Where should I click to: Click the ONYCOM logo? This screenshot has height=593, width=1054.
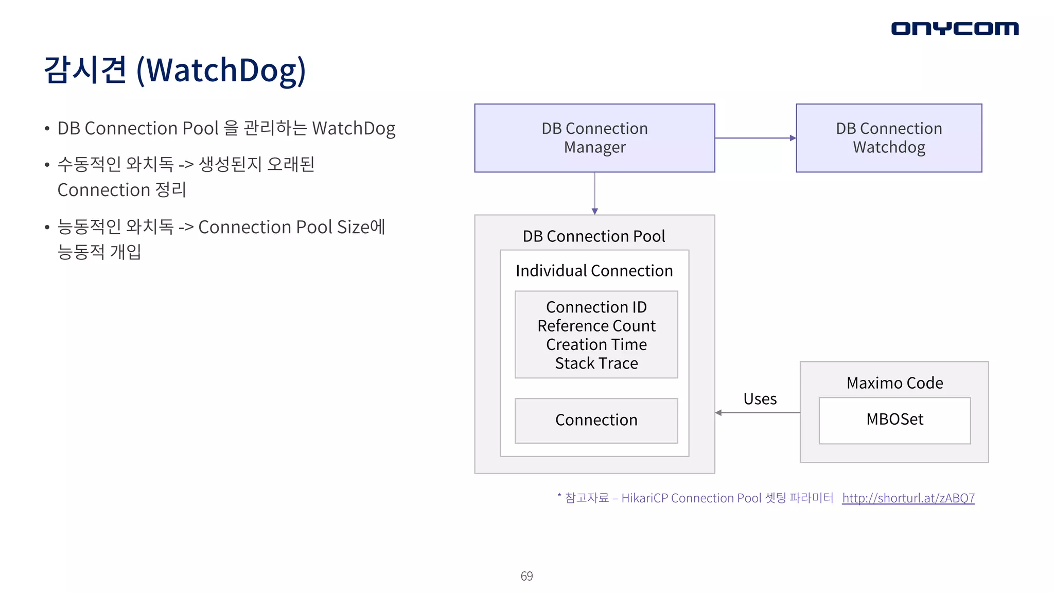pyautogui.click(x=955, y=28)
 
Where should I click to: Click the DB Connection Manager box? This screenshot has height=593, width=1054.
pyautogui.click(x=594, y=138)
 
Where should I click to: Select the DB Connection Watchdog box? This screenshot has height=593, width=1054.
pyautogui.click(x=889, y=138)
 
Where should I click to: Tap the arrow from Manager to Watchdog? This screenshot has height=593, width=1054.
pyautogui.click(x=755, y=138)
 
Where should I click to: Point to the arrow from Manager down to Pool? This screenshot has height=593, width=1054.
pyautogui.click(x=594, y=193)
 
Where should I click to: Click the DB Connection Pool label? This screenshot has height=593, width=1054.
pyautogui.click(x=594, y=236)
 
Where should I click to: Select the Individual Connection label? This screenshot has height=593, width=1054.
pyautogui.click(x=594, y=271)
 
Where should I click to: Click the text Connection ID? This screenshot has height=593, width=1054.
pyautogui.click(x=596, y=307)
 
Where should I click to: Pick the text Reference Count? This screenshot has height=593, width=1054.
pyautogui.click(x=596, y=326)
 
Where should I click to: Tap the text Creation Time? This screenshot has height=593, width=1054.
pyautogui.click(x=596, y=344)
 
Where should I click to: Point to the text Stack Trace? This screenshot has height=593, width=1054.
pyautogui.click(x=596, y=363)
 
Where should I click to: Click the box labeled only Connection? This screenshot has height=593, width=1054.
pyautogui.click(x=596, y=420)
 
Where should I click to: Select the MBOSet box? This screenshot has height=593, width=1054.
pyautogui.click(x=894, y=420)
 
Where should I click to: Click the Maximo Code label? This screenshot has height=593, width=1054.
pyautogui.click(x=894, y=383)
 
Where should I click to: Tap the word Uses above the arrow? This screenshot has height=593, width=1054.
pyautogui.click(x=760, y=399)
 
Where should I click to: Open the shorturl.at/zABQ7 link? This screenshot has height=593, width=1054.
pyautogui.click(x=908, y=498)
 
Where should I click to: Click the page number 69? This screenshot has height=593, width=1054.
pyautogui.click(x=526, y=576)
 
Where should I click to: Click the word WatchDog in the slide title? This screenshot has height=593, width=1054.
pyautogui.click(x=221, y=71)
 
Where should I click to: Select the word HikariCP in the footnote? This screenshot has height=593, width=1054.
pyautogui.click(x=644, y=498)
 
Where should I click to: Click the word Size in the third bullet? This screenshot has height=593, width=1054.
pyautogui.click(x=353, y=227)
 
